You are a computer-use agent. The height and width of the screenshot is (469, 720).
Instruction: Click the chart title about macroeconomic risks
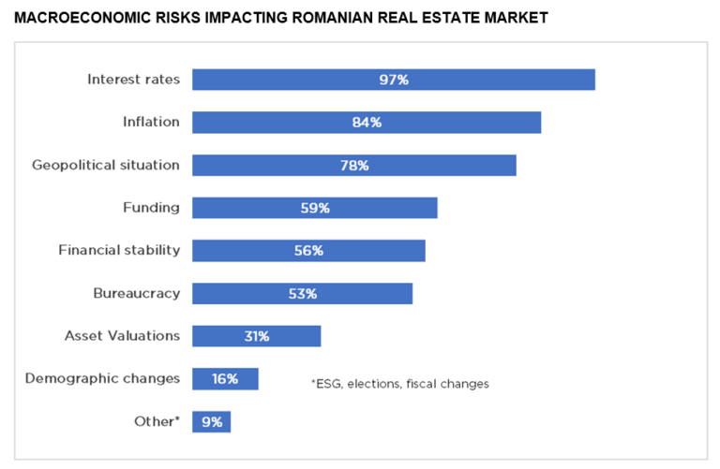coord(281,18)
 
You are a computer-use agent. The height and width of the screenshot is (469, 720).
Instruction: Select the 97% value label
coord(394,80)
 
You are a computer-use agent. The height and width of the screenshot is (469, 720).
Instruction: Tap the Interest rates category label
coord(133,80)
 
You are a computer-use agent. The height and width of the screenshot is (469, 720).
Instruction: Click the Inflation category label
coord(151,122)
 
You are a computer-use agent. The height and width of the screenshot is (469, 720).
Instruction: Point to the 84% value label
coord(367,123)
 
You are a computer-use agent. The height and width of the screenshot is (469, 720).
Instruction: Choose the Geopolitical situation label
coord(106,165)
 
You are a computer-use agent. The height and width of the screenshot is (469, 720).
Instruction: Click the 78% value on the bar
coord(354,166)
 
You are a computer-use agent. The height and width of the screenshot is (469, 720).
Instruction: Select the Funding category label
coord(151,207)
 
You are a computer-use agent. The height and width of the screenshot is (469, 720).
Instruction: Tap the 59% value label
coord(315,208)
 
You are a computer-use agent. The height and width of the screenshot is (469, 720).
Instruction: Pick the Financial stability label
coord(119,250)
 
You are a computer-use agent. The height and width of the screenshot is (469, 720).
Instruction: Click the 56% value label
coord(308,251)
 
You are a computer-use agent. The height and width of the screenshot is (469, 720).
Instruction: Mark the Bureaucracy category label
coord(136,293)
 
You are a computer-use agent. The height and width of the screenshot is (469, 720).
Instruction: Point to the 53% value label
coord(303,294)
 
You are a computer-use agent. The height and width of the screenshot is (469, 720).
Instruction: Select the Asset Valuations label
coord(122,335)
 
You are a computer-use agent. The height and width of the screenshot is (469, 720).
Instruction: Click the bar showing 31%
coord(257,336)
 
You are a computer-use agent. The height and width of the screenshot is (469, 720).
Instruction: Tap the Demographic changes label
coord(102,378)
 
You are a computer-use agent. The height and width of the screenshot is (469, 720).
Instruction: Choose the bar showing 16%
coord(225,379)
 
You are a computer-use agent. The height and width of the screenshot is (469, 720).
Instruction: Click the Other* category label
coord(157,421)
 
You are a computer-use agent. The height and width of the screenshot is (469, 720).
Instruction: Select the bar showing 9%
coord(211,422)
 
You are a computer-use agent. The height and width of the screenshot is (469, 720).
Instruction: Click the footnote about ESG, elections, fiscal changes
coord(399,384)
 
